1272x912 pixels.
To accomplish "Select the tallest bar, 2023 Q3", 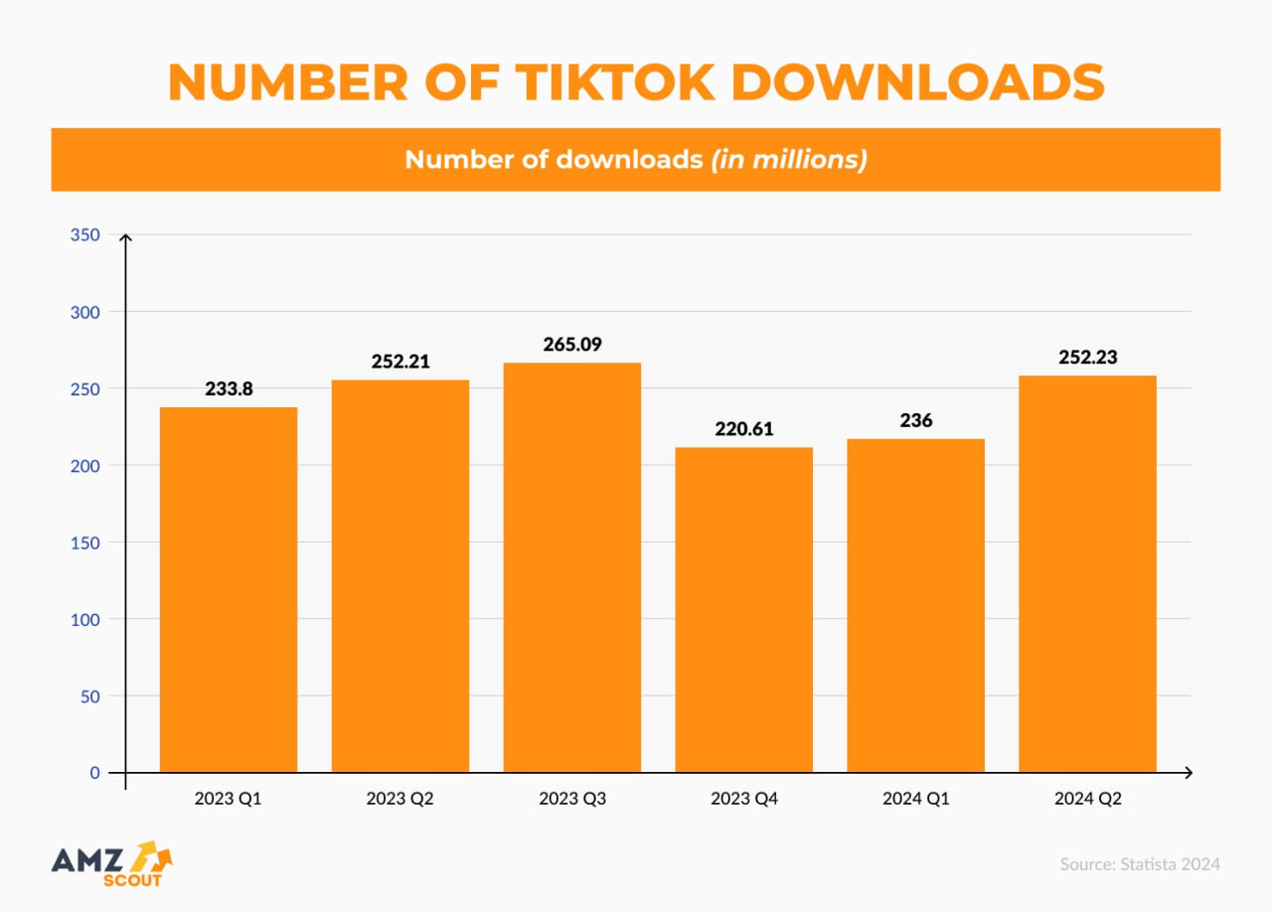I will pyautogui.click(x=572, y=567).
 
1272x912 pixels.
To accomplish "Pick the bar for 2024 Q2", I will pyautogui.click(x=1087, y=573).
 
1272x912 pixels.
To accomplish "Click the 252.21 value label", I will pyautogui.click(x=400, y=362).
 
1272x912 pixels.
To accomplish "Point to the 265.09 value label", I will pyautogui.click(x=572, y=345).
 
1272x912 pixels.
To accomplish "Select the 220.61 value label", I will pyautogui.click(x=743, y=429).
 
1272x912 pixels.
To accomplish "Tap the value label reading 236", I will pyautogui.click(x=915, y=420).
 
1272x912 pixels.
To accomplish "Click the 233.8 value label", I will pyautogui.click(x=229, y=388).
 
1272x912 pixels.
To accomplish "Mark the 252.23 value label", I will pyautogui.click(x=1087, y=357).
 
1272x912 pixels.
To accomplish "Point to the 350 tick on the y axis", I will pyautogui.click(x=84, y=235).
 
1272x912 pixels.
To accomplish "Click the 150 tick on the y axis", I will pyautogui.click(x=84, y=542).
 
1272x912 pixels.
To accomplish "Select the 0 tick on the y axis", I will pyautogui.click(x=94, y=772).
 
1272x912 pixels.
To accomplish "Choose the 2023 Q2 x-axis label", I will pyautogui.click(x=400, y=799).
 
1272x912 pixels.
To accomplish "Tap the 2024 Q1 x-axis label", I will pyautogui.click(x=915, y=799).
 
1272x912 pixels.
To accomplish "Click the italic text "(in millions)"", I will pyautogui.click(x=788, y=159).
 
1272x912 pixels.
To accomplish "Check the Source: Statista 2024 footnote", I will pyautogui.click(x=1140, y=863).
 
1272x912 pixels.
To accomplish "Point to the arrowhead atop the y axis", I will pyautogui.click(x=125, y=238).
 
